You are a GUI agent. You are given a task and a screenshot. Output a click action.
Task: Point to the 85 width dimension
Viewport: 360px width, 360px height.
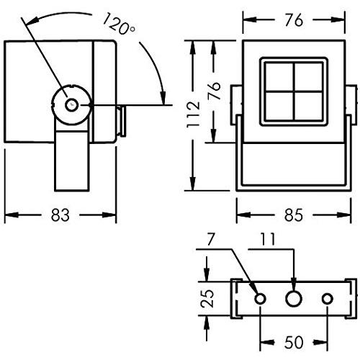[292, 215]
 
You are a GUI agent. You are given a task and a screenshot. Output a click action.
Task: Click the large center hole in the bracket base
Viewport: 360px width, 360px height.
[294, 298]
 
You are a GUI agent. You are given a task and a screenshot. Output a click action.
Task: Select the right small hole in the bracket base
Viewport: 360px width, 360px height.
[328, 298]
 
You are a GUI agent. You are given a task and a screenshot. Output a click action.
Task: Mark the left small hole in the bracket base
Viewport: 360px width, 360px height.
[260, 298]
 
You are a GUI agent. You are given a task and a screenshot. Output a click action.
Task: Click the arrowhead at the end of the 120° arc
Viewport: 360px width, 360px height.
[163, 101]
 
